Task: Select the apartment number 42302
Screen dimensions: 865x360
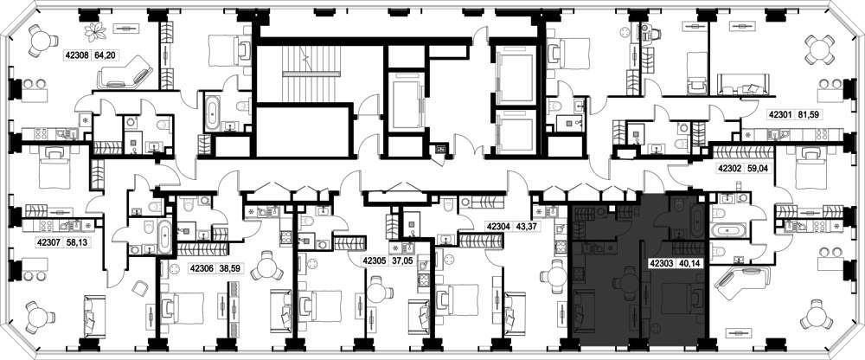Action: [x=729, y=169]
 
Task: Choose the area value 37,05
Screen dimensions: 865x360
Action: [x=403, y=260]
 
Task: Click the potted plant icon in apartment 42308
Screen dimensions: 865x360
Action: [x=95, y=31]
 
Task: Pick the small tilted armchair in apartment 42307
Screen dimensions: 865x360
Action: [x=139, y=288]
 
